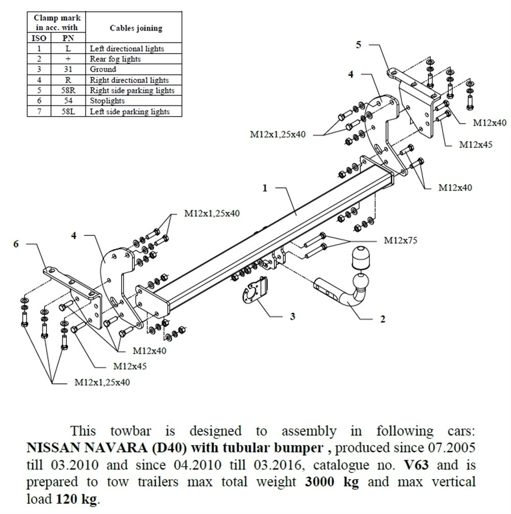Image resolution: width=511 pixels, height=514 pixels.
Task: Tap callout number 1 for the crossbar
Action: pyautogui.click(x=265, y=188)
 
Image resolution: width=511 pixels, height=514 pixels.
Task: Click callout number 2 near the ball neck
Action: pyautogui.click(x=382, y=320)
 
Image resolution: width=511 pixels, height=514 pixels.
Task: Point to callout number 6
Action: pyautogui.click(x=16, y=244)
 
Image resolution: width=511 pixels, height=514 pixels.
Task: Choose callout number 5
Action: pyautogui.click(x=358, y=45)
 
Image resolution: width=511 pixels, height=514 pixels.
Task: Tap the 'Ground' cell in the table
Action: pyautogui.click(x=103, y=69)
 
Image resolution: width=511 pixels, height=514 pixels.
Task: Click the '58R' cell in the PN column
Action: pyautogui.click(x=68, y=91)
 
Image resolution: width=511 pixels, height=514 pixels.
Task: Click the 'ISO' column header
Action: pyautogui.click(x=39, y=38)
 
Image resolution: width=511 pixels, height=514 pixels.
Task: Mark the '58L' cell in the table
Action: pyautogui.click(x=68, y=111)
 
